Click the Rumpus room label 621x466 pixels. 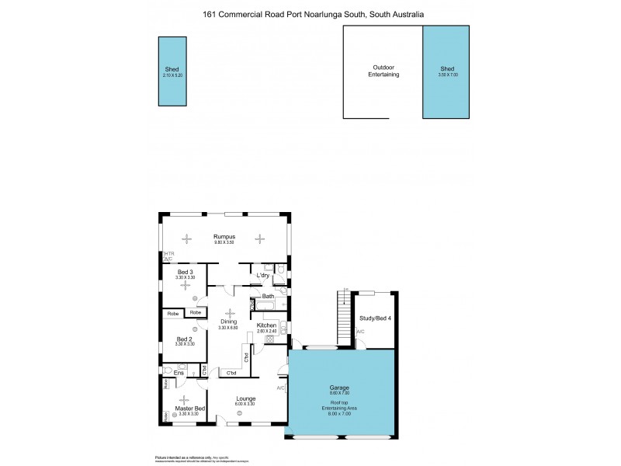coord(226,236)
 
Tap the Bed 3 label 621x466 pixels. coord(185,272)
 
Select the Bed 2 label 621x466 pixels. coord(184,339)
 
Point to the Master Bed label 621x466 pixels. coord(190,409)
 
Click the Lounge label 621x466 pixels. coord(246,398)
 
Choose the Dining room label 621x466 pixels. coord(229,322)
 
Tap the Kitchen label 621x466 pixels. coord(267,325)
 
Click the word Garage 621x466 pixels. coord(339,388)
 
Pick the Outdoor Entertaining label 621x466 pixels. coord(383,71)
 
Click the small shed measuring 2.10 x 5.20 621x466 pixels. coord(171,71)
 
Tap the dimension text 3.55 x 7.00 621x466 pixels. coord(448,75)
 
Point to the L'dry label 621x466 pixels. coord(264,275)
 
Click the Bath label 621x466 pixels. coord(268,296)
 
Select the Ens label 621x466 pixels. coord(179,374)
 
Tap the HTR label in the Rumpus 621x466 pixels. coord(168,253)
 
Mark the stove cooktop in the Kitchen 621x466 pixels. coord(269,339)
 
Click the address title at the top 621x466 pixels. coord(313,13)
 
